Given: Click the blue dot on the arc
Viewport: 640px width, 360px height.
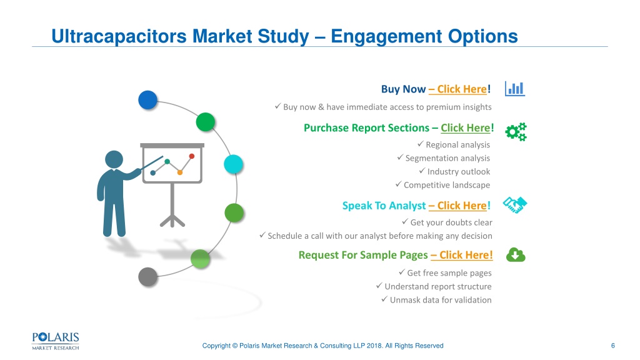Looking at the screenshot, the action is (x=147, y=100).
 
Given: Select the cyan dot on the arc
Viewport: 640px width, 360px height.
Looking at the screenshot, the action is (x=234, y=164).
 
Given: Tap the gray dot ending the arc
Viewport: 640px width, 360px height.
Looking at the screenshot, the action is (x=147, y=277).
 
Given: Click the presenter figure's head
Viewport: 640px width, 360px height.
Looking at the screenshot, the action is (x=114, y=159).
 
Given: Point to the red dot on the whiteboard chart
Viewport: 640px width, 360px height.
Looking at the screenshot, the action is (x=192, y=156).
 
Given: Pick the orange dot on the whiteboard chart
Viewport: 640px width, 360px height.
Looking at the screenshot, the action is (x=179, y=172).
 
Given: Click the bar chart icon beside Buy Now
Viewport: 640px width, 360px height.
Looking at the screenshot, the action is (x=515, y=89).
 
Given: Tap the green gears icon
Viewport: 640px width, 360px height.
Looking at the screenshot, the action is (x=516, y=132).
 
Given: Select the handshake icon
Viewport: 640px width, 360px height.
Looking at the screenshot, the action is (x=515, y=205).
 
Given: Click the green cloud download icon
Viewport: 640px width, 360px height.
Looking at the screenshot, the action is (x=516, y=255).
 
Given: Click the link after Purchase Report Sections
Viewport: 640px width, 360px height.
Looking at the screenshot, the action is (x=465, y=128).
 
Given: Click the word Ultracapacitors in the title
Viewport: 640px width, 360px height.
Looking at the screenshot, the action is (x=119, y=36).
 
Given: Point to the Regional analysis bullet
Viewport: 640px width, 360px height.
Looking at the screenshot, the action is (x=457, y=145).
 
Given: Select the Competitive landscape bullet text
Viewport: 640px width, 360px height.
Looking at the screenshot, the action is (x=446, y=185).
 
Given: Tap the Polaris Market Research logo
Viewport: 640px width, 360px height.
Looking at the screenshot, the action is (x=56, y=341).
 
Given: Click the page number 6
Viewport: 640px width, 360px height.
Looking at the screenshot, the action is (x=612, y=346).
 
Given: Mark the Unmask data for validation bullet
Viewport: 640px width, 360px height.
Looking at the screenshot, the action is (x=441, y=300).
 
